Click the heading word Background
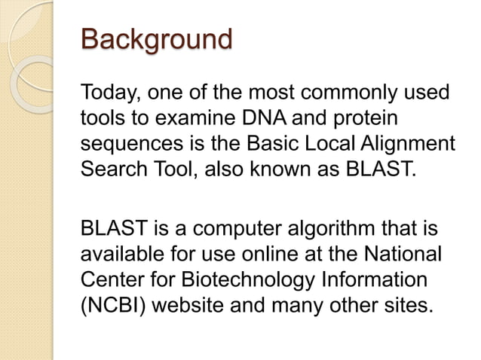pyautogui.click(x=156, y=39)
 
